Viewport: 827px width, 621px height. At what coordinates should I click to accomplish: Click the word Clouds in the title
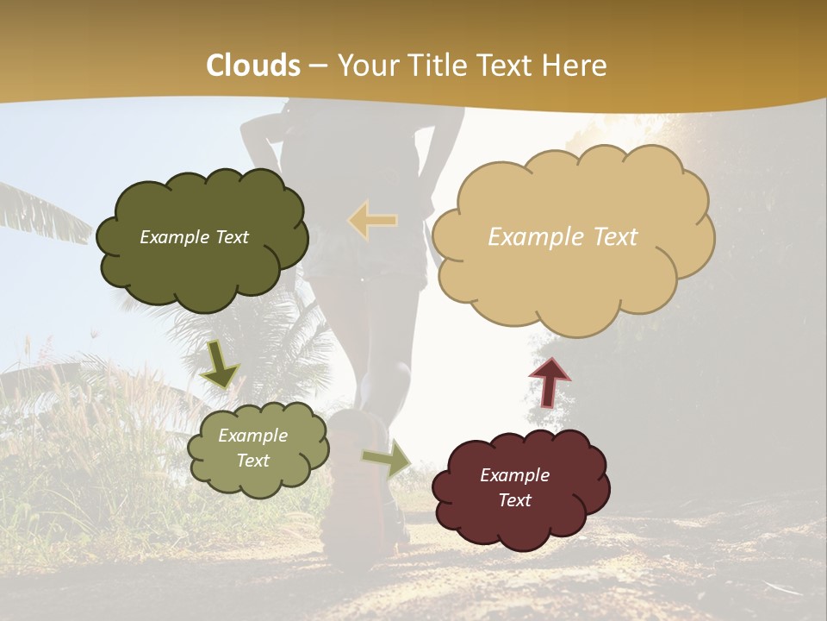pyautogui.click(x=253, y=66)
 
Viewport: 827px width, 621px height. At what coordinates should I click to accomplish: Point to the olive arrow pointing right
pyautogui.click(x=387, y=459)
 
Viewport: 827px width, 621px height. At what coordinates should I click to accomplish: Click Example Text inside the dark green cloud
pyautogui.click(x=194, y=237)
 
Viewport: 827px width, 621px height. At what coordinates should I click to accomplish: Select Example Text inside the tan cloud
pyautogui.click(x=563, y=237)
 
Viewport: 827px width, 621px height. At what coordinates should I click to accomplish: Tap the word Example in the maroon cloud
pyautogui.click(x=514, y=475)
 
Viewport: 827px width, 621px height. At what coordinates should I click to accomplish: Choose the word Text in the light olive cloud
pyautogui.click(x=252, y=461)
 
